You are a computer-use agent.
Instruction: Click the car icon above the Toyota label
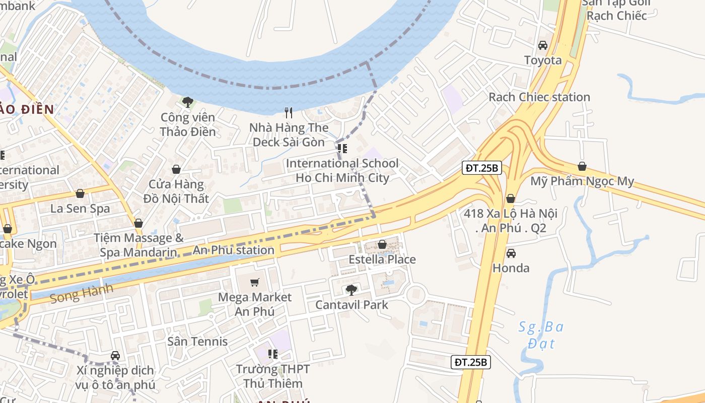543,45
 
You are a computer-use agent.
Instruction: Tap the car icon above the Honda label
511,253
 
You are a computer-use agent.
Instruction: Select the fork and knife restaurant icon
289,113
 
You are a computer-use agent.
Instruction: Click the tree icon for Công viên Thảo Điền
188,103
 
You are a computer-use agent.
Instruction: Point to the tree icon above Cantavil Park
351,290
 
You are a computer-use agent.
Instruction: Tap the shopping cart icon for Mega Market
255,282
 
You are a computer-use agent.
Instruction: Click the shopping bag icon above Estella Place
382,244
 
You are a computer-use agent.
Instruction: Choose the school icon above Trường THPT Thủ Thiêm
273,354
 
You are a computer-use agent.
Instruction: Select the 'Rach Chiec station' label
539,97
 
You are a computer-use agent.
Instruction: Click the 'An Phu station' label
234,250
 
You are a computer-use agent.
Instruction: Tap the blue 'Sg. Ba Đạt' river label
541,335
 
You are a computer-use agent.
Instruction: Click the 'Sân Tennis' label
197,341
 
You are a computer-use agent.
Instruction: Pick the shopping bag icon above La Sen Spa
80,193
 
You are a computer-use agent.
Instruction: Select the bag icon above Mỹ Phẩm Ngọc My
582,166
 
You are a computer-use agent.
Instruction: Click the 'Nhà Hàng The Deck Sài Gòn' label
289,135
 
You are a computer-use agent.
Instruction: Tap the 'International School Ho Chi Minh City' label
342,170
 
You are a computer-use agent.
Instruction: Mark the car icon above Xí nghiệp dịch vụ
115,356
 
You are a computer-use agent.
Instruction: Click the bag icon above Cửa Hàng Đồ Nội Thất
176,169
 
